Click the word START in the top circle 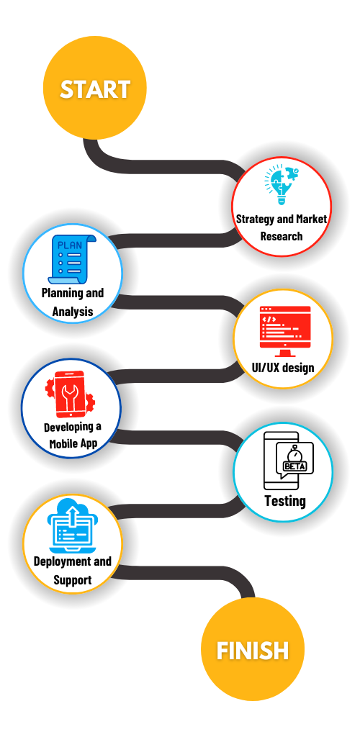coord(95,89)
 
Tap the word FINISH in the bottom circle coord(253,651)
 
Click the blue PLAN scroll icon coord(72,259)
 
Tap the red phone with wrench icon coord(70,394)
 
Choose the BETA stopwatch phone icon coord(288,461)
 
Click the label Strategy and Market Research coord(282,227)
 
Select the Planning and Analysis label coord(73,302)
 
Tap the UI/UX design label coord(283,367)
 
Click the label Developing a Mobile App coord(73,435)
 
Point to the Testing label coord(285,501)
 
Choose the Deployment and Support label coord(73,570)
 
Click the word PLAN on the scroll coord(70,245)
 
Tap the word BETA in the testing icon coord(294,466)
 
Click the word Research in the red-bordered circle coord(282,236)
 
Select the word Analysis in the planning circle coord(73,311)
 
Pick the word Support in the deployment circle coord(73,579)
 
